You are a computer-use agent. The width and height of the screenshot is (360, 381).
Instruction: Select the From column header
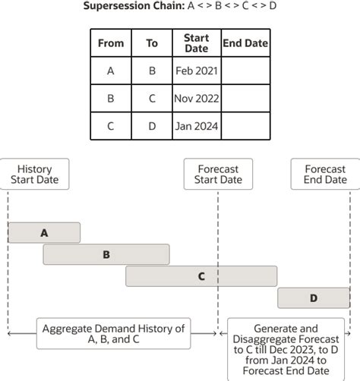click(x=111, y=43)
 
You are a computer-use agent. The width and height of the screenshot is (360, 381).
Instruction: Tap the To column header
click(x=152, y=43)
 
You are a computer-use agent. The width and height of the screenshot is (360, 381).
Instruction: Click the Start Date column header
click(x=196, y=43)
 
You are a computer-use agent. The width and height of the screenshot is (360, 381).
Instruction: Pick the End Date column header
click(x=245, y=43)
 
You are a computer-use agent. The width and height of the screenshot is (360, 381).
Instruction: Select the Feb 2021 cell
click(x=196, y=71)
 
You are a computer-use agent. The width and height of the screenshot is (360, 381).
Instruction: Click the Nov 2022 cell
click(x=196, y=99)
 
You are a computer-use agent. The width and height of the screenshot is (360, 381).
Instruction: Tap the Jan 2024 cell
click(x=196, y=126)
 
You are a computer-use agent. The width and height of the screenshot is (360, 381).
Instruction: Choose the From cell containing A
click(x=111, y=71)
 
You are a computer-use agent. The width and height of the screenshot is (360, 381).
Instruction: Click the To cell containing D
click(x=152, y=126)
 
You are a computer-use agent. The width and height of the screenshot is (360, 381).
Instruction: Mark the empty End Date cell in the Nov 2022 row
click(x=245, y=99)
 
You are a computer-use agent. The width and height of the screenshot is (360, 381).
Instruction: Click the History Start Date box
click(x=34, y=175)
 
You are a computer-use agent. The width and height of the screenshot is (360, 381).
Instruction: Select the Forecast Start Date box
click(x=218, y=175)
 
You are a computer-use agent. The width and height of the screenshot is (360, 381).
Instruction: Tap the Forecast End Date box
click(x=325, y=175)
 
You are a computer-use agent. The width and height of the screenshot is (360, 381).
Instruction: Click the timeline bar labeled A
click(x=44, y=233)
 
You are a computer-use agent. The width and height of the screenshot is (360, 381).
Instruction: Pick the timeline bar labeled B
click(x=106, y=255)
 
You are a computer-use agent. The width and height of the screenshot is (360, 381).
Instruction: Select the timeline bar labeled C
click(x=201, y=276)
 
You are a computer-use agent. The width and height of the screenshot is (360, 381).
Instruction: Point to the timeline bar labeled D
click(x=314, y=298)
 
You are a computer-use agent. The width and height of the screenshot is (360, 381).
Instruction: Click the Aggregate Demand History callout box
click(x=114, y=334)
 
